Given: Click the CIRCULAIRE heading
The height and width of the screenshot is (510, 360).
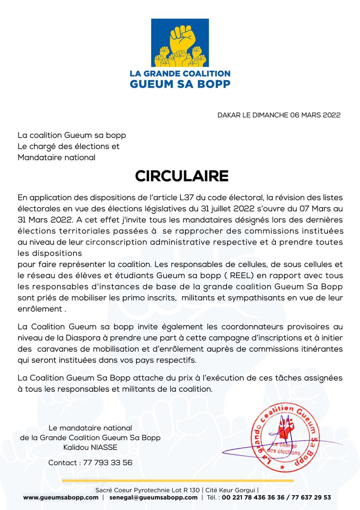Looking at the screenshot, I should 182,176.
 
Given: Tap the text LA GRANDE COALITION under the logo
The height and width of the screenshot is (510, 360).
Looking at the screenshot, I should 180,74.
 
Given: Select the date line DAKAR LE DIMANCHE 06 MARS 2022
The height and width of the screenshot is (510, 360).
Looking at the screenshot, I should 279,115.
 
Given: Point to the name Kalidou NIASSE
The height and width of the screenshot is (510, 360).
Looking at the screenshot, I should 90,447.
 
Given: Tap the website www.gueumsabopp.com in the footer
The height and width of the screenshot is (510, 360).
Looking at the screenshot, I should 61,497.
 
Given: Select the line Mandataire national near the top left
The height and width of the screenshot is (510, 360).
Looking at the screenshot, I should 57,157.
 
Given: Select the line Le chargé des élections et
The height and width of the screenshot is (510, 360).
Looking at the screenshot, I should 68,146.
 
